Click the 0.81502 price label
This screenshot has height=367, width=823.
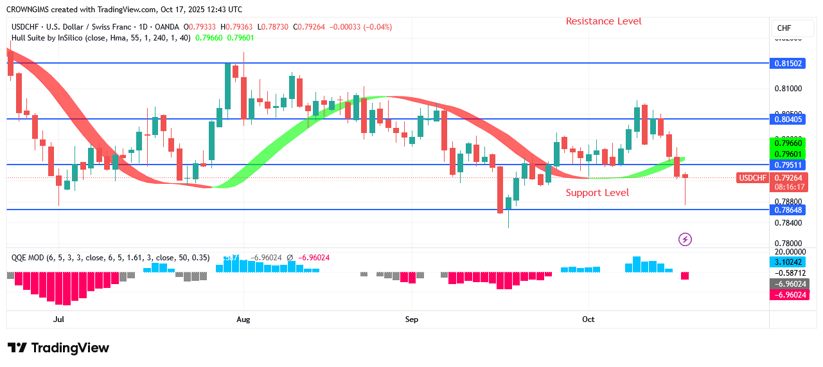(x=788, y=64)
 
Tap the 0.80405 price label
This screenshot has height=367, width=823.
(x=788, y=119)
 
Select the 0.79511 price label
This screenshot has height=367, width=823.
(x=788, y=165)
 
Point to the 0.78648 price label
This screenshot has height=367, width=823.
(x=788, y=210)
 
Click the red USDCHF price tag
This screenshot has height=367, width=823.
(x=752, y=178)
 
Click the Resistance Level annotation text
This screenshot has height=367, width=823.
(x=603, y=21)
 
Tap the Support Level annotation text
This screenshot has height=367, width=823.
(x=597, y=193)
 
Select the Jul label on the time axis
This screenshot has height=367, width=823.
(x=58, y=319)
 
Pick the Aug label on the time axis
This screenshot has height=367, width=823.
(x=243, y=319)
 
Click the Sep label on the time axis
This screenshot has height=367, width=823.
(x=412, y=319)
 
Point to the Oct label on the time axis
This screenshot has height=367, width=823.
(x=588, y=319)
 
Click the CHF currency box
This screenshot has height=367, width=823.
(x=784, y=28)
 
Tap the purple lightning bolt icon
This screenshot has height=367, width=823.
(x=686, y=239)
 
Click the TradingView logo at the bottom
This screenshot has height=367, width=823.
(x=58, y=348)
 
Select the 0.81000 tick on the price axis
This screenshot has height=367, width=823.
(x=788, y=88)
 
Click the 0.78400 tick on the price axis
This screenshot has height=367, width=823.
(x=788, y=223)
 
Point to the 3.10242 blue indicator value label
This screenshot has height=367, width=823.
(x=788, y=262)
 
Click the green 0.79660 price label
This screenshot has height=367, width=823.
(x=788, y=143)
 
